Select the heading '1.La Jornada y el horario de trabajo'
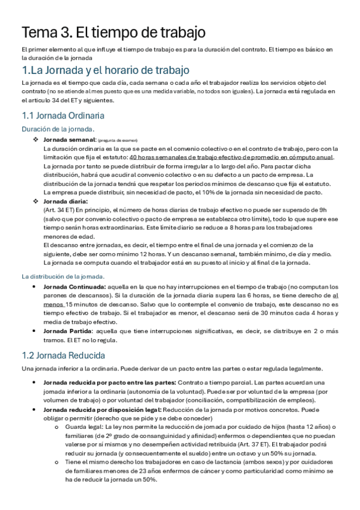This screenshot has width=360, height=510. tap(105, 70)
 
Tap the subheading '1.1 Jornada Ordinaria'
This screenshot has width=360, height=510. tap(63, 115)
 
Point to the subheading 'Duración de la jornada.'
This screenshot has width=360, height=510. tap(58, 129)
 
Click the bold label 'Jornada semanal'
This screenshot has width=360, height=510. tap(66, 139)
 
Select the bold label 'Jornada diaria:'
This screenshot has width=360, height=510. tap(66, 201)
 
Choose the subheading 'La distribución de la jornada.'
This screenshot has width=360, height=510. tap(63, 277)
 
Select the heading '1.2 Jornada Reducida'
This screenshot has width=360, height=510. tap(63, 354)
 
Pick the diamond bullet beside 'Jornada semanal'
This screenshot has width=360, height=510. tap(35, 139)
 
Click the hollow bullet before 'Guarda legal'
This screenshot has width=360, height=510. tap(56, 428)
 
